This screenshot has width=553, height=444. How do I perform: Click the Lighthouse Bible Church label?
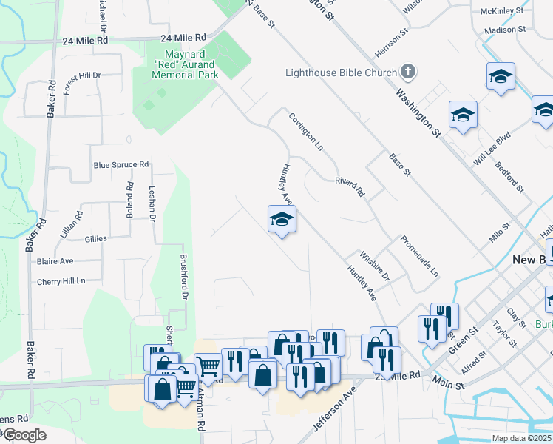click(341, 73)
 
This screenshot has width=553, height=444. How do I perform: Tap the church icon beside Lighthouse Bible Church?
click(407, 72)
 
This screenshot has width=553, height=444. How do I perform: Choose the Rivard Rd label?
click(350, 186)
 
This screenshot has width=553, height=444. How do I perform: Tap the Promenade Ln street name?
click(419, 256)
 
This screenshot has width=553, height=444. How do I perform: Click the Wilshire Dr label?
click(374, 266)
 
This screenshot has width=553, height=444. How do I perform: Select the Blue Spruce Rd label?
click(121, 164)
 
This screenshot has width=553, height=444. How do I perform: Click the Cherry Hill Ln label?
click(61, 282)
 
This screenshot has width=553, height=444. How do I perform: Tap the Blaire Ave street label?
click(55, 261)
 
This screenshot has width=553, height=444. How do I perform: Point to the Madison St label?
click(505, 30)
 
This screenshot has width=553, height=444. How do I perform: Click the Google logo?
click(24, 435)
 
